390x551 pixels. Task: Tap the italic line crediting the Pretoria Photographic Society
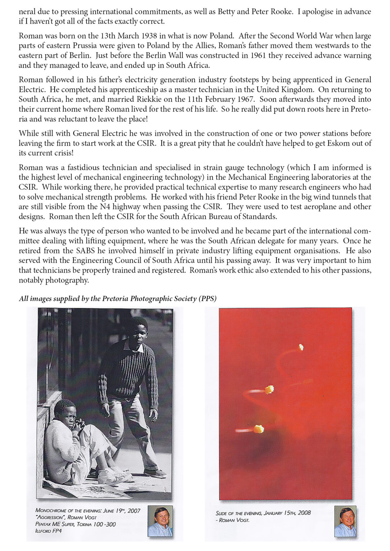point(118,299)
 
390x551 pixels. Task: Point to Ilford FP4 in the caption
point(48,531)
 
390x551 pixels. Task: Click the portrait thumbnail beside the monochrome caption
point(160,521)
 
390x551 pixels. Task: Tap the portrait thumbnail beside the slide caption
point(345,521)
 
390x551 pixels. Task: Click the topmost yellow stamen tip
point(301,347)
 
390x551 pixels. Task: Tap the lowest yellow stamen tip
point(259,429)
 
